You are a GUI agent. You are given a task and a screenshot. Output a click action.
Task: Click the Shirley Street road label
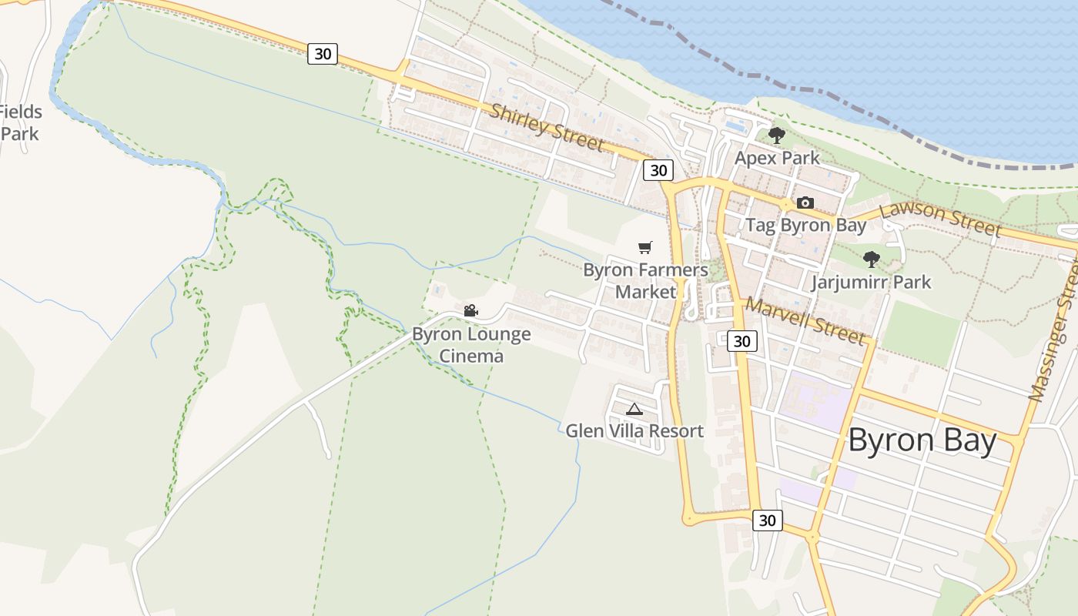pyautogui.click(x=547, y=128)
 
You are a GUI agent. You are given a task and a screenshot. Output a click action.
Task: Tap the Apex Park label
pyautogui.click(x=777, y=158)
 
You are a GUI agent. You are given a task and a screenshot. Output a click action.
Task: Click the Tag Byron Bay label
pyautogui.click(x=805, y=226)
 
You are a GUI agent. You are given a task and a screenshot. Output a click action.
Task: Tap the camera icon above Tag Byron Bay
pyautogui.click(x=805, y=203)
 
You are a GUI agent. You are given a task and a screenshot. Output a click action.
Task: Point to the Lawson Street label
pyautogui.click(x=940, y=219)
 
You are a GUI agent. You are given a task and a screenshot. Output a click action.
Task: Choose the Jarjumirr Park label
pyautogui.click(x=871, y=282)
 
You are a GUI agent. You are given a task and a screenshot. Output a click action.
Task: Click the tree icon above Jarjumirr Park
pyautogui.click(x=872, y=259)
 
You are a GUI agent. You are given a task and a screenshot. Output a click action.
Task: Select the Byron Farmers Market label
pyautogui.click(x=645, y=281)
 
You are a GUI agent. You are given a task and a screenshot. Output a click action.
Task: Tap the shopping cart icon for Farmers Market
pyautogui.click(x=645, y=247)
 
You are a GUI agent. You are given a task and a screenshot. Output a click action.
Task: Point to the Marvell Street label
pyautogui.click(x=805, y=321)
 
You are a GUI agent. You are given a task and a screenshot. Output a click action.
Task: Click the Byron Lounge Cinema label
pyautogui.click(x=471, y=345)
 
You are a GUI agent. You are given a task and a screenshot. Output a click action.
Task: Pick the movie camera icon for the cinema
pyautogui.click(x=470, y=311)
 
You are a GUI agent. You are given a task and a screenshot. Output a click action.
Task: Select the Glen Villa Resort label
pyautogui.click(x=634, y=431)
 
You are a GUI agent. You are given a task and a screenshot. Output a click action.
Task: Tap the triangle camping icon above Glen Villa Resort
pyautogui.click(x=634, y=409)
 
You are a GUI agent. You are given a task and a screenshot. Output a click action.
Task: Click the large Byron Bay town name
pyautogui.click(x=922, y=441)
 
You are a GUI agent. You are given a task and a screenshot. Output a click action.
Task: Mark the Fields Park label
pyautogui.click(x=20, y=122)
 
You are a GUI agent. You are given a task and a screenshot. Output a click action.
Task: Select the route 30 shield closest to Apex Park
pyautogui.click(x=658, y=170)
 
